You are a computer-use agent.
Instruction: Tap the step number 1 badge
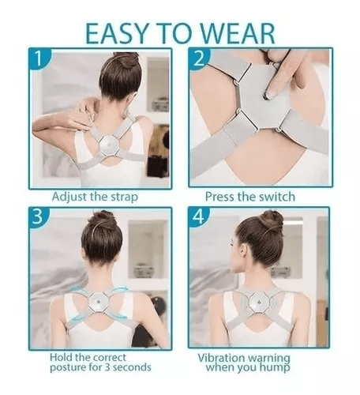[39, 58]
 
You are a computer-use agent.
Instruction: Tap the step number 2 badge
[199, 58]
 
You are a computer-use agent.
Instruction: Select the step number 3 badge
[39, 216]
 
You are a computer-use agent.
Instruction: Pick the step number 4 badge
[199, 217]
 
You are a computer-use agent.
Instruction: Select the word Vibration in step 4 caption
[221, 358]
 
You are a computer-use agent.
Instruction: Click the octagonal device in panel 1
[110, 146]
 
